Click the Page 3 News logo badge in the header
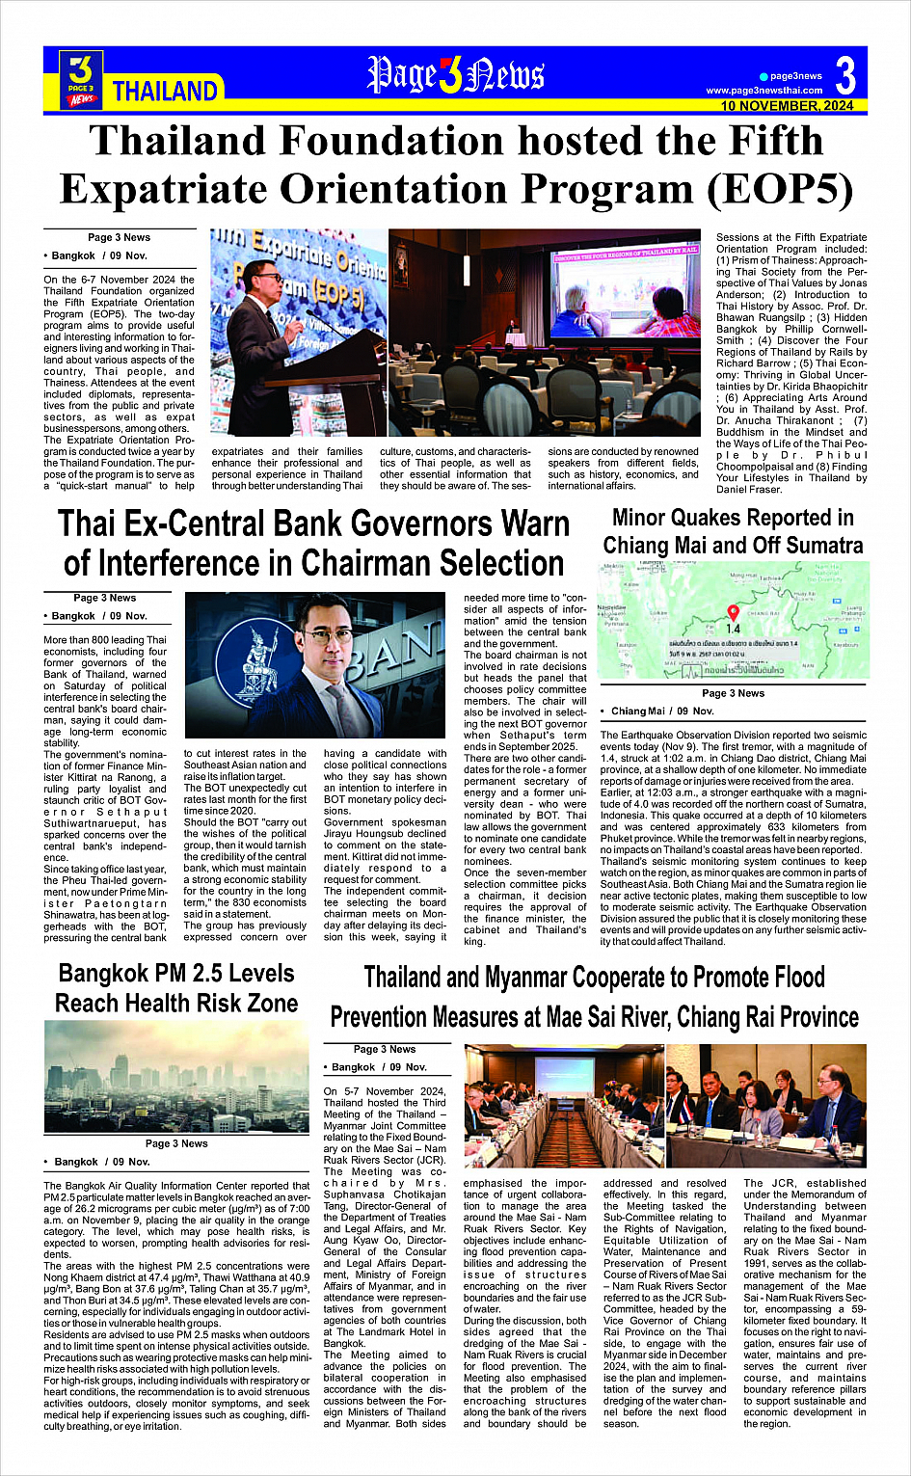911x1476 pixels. point(82,78)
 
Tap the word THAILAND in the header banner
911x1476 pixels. point(165,92)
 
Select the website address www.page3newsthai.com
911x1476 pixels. point(764,91)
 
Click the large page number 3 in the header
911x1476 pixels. point(844,75)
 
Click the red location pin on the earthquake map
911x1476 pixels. point(733,612)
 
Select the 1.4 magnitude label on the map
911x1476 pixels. point(733,629)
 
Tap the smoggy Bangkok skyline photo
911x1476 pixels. point(175,1077)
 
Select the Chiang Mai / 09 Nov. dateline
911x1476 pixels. point(662,711)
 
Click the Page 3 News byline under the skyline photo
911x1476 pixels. point(176,1143)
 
